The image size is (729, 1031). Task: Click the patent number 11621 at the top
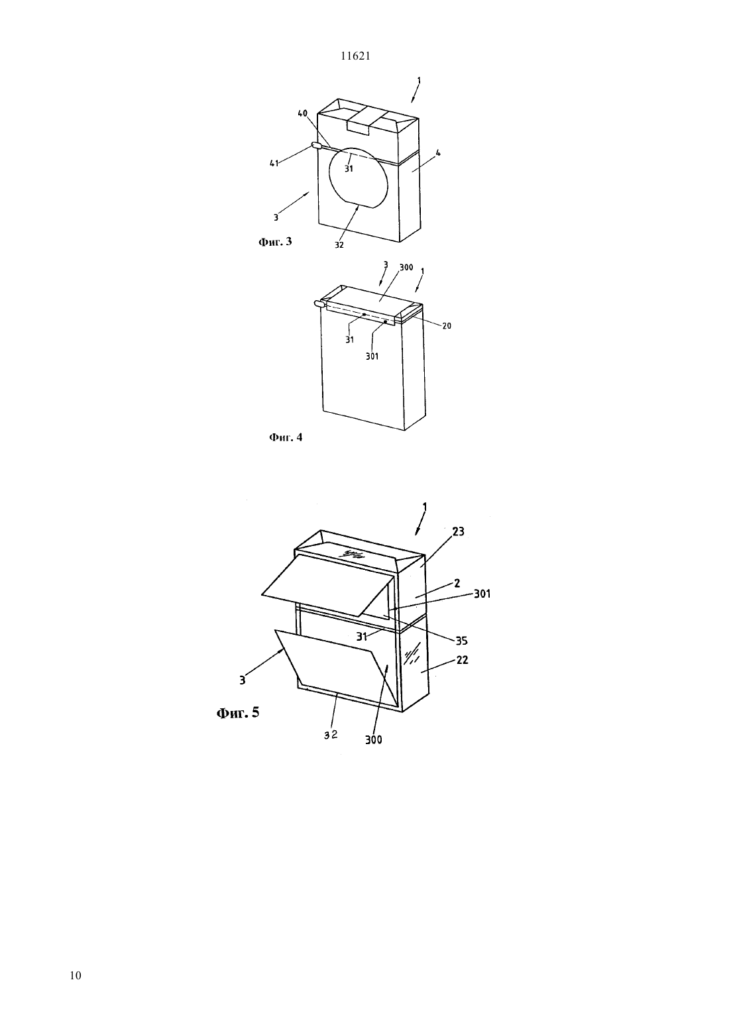pyautogui.click(x=355, y=56)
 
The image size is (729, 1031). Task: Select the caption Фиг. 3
pyautogui.click(x=275, y=242)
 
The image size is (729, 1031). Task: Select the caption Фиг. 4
pyautogui.click(x=286, y=437)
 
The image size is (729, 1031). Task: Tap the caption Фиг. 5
pyautogui.click(x=238, y=713)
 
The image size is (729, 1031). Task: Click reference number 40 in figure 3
pyautogui.click(x=302, y=114)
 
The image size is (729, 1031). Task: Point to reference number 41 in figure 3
pyautogui.click(x=274, y=163)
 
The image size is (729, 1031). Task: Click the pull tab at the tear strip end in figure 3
pyautogui.click(x=317, y=146)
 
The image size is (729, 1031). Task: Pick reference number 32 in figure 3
pyautogui.click(x=339, y=245)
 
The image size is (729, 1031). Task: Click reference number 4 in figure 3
pyautogui.click(x=438, y=153)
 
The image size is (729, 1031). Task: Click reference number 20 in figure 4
pyautogui.click(x=447, y=326)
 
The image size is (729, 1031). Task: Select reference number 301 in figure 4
pyautogui.click(x=372, y=356)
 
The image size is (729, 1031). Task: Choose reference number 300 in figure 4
pyautogui.click(x=406, y=268)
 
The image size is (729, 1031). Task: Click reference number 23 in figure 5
pyautogui.click(x=458, y=531)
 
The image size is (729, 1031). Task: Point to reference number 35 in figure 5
pyautogui.click(x=461, y=641)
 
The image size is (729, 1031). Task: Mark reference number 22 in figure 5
pyautogui.click(x=462, y=659)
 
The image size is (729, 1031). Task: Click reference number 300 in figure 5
pyautogui.click(x=373, y=739)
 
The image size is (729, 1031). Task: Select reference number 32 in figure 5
pyautogui.click(x=331, y=735)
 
